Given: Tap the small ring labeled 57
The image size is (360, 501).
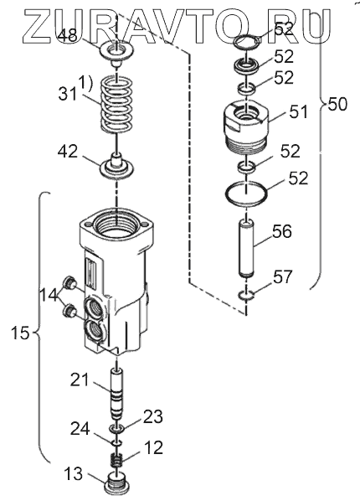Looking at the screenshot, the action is pos(246,296).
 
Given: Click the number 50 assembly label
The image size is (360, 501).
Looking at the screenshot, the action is pos(337,104).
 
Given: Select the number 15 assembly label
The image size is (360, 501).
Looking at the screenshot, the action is pos(20,333).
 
